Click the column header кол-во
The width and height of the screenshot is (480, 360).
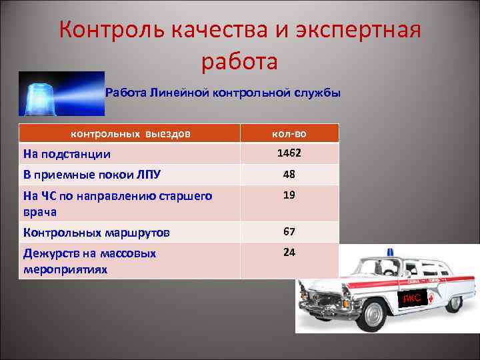coord(289,133)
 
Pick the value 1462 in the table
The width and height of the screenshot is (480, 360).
coord(289,153)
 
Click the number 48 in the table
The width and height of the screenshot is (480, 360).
coord(289,175)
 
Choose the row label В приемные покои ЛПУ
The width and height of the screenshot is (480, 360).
coord(91,175)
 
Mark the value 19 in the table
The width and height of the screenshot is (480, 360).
coord(289,195)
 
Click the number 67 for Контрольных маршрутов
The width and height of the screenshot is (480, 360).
coord(289,232)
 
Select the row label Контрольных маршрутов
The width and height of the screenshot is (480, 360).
coord(96,233)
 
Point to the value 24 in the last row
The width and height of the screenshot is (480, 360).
coord(289,253)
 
